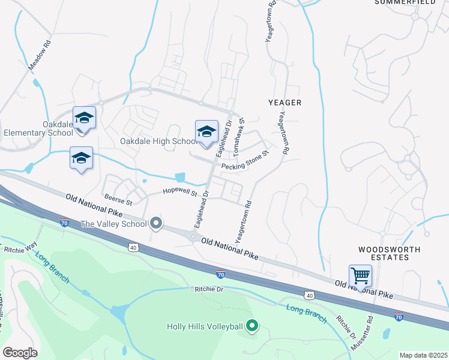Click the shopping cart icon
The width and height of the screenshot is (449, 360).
tap(360, 276)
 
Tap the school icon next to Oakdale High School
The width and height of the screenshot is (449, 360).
tap(206, 131)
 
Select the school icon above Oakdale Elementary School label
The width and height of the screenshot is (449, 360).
tap(84, 117)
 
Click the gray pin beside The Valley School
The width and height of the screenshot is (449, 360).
tap(156, 224)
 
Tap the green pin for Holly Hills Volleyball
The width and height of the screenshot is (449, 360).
tap(252, 326)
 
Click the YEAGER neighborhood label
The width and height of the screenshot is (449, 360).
tap(286, 103)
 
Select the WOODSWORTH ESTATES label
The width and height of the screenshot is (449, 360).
tap(389, 253)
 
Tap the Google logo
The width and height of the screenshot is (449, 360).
tap(20, 353)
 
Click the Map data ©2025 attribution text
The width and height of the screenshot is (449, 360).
tap(423, 355)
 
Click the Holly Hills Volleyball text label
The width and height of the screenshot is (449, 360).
tap(205, 327)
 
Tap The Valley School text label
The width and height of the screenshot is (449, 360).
tap(113, 224)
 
